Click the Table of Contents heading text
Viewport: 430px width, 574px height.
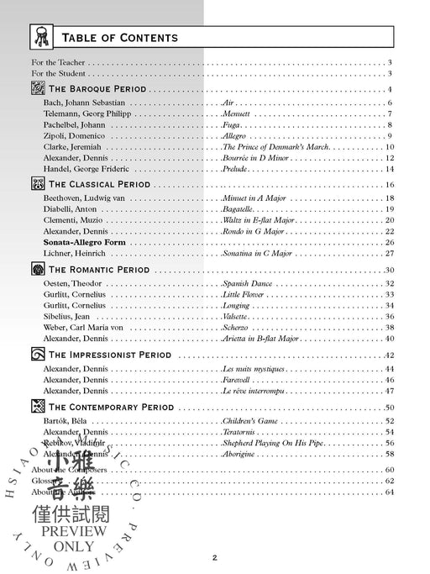click(x=118, y=37)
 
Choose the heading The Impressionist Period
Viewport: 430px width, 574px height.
click(x=110, y=355)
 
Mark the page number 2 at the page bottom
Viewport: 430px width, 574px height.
click(x=214, y=557)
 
